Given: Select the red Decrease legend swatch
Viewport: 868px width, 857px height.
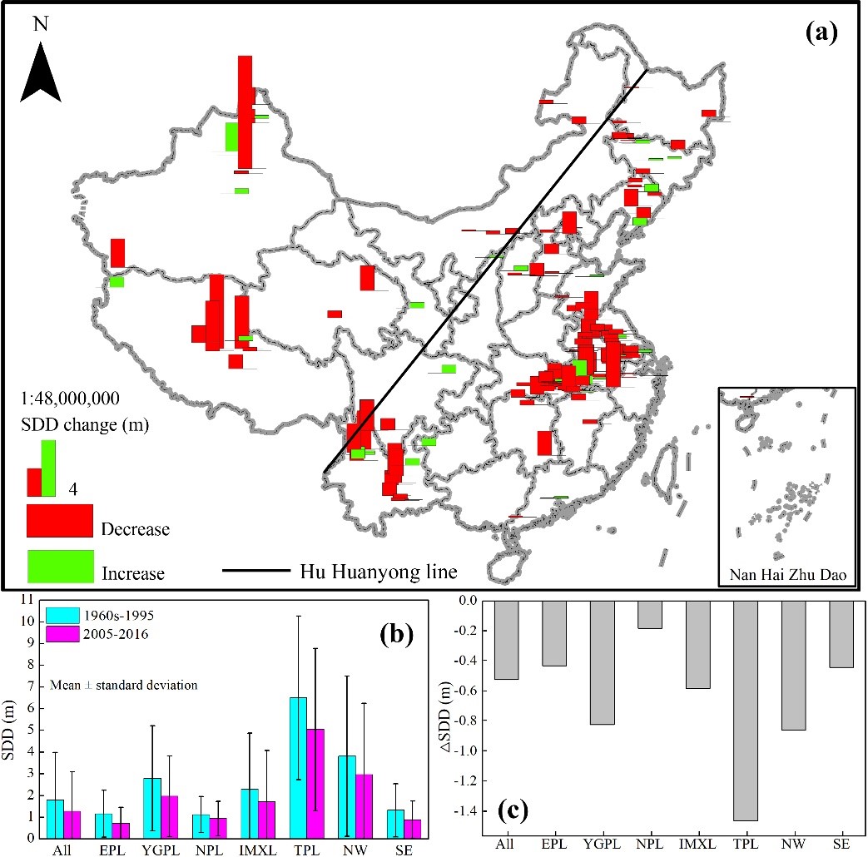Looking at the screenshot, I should pyautogui.click(x=59, y=521).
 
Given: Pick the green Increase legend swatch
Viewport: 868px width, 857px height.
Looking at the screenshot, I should pyautogui.click(x=59, y=566).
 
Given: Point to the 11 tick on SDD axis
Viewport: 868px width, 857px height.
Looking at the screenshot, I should pyautogui.click(x=27, y=600).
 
